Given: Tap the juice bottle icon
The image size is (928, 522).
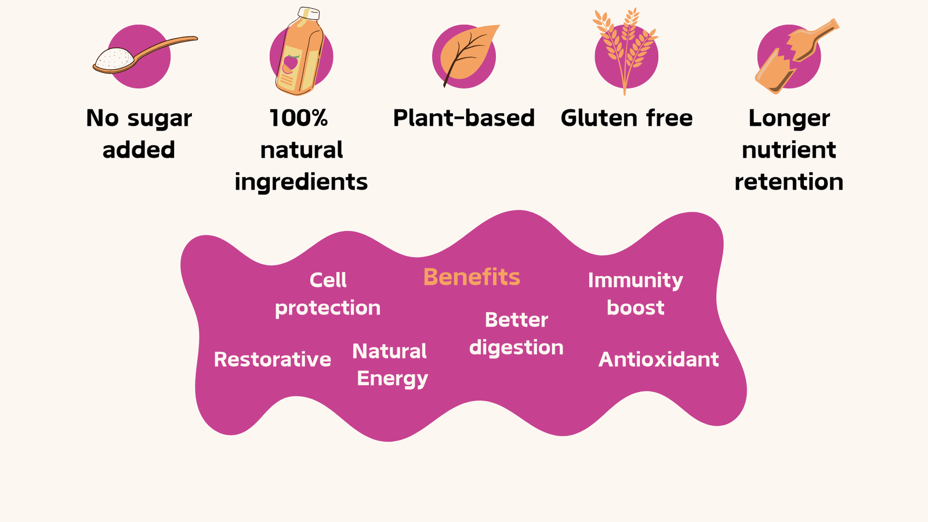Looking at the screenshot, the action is pos(299,52).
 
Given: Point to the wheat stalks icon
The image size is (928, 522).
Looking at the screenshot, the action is pos(625,50).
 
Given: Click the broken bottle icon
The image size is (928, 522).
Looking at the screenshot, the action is pos(796,56).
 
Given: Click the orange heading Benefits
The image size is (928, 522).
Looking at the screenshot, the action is pos(472,277).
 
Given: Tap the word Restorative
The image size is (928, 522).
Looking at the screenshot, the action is pos(272,359).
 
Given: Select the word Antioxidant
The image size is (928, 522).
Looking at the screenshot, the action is pos(658,359).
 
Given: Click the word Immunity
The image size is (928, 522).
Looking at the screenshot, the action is pos(636,281).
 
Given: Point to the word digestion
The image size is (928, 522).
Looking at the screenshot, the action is pos(516,347).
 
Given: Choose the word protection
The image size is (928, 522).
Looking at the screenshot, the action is pos(328,308).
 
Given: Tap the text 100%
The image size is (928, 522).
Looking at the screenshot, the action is pos(298,118).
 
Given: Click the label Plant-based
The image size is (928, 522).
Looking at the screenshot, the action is pos(464,118).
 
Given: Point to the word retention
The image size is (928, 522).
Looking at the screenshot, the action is pos(789,182).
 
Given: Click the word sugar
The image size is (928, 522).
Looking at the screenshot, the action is pos(159,119).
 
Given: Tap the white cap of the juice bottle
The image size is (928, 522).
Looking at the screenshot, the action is pos(309,13).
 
